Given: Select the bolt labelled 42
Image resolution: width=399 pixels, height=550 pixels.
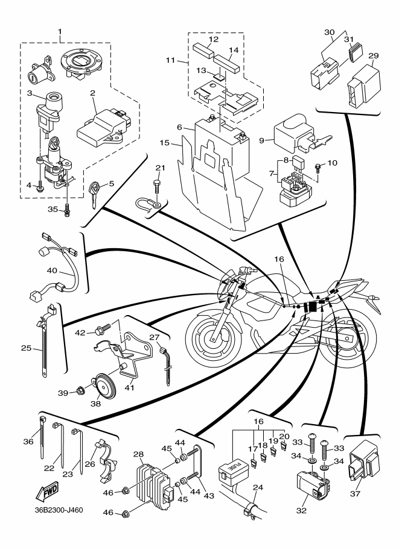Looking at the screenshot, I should [100, 331].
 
